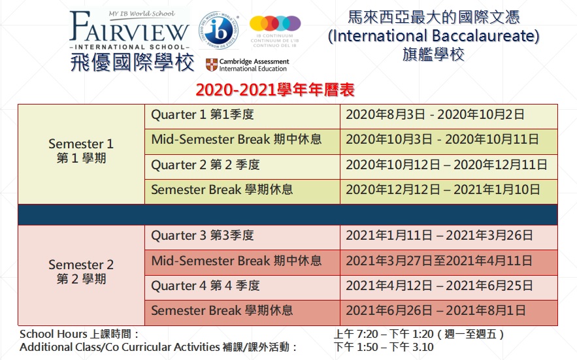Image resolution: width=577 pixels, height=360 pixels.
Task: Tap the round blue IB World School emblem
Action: tap(219, 31)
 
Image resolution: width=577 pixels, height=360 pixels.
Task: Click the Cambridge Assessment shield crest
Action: tap(211, 65)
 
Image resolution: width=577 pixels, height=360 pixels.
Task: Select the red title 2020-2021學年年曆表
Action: tap(275, 90)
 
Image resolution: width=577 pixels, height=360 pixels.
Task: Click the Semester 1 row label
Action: tap(81, 150)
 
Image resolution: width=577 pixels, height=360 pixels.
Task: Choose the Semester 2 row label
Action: tap(81, 272)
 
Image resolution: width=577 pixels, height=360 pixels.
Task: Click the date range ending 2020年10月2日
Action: tap(435, 114)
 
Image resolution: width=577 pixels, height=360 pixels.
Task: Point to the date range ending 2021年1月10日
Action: tap(442, 189)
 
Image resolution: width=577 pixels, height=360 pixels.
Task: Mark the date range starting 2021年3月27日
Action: tap(439, 261)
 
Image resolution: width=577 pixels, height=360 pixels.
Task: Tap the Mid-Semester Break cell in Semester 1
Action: tap(237, 140)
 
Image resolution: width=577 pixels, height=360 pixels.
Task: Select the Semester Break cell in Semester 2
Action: tap(222, 310)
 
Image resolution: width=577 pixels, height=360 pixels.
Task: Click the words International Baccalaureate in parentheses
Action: tap(433, 36)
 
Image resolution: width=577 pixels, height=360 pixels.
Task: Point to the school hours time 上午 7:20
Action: tap(356, 335)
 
